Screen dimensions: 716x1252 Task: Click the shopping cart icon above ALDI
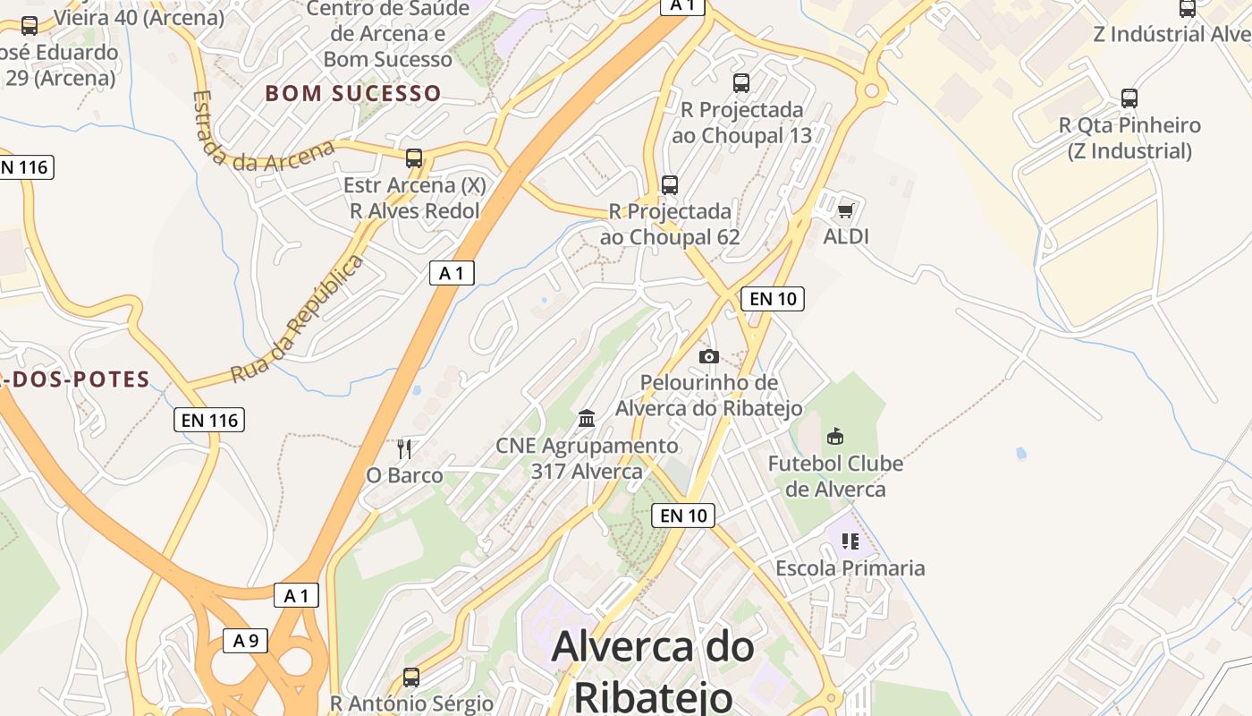[x=845, y=211]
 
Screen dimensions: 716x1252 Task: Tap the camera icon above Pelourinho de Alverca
[x=709, y=356]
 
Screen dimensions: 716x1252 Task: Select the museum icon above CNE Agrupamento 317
[x=587, y=418]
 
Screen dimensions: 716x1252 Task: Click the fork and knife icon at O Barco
[x=404, y=448]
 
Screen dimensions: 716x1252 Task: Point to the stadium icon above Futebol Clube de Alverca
[x=835, y=436]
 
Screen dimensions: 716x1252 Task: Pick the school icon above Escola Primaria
[x=850, y=541]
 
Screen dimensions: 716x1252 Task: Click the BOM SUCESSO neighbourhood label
[x=353, y=93]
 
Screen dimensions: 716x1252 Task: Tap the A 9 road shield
[x=245, y=640]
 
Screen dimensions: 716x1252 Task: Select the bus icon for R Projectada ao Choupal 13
[x=741, y=83]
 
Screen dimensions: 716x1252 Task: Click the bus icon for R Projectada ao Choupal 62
[x=670, y=185]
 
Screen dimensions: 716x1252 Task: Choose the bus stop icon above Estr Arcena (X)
[x=414, y=158]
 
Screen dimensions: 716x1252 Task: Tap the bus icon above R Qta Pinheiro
[x=1129, y=98]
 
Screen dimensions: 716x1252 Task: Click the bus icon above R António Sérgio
[x=411, y=677]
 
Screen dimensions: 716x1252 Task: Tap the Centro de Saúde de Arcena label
[x=388, y=34]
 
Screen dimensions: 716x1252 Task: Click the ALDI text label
[x=846, y=236]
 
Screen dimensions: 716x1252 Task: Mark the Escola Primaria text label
[x=850, y=568]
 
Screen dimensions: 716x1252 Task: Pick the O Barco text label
[x=404, y=475]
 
